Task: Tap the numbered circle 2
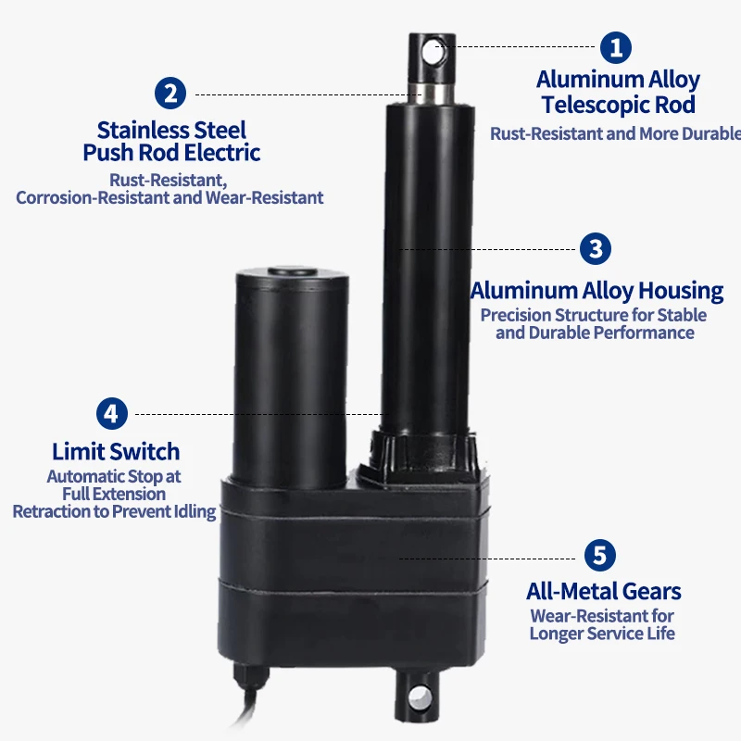[170, 94]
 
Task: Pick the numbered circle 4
[111, 413]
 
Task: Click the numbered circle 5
[599, 556]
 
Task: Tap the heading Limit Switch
[116, 452]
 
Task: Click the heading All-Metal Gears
[603, 591]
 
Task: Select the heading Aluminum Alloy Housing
[597, 290]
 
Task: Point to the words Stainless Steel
[171, 129]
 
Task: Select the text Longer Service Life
[602, 634]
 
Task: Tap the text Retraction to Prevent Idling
[114, 511]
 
